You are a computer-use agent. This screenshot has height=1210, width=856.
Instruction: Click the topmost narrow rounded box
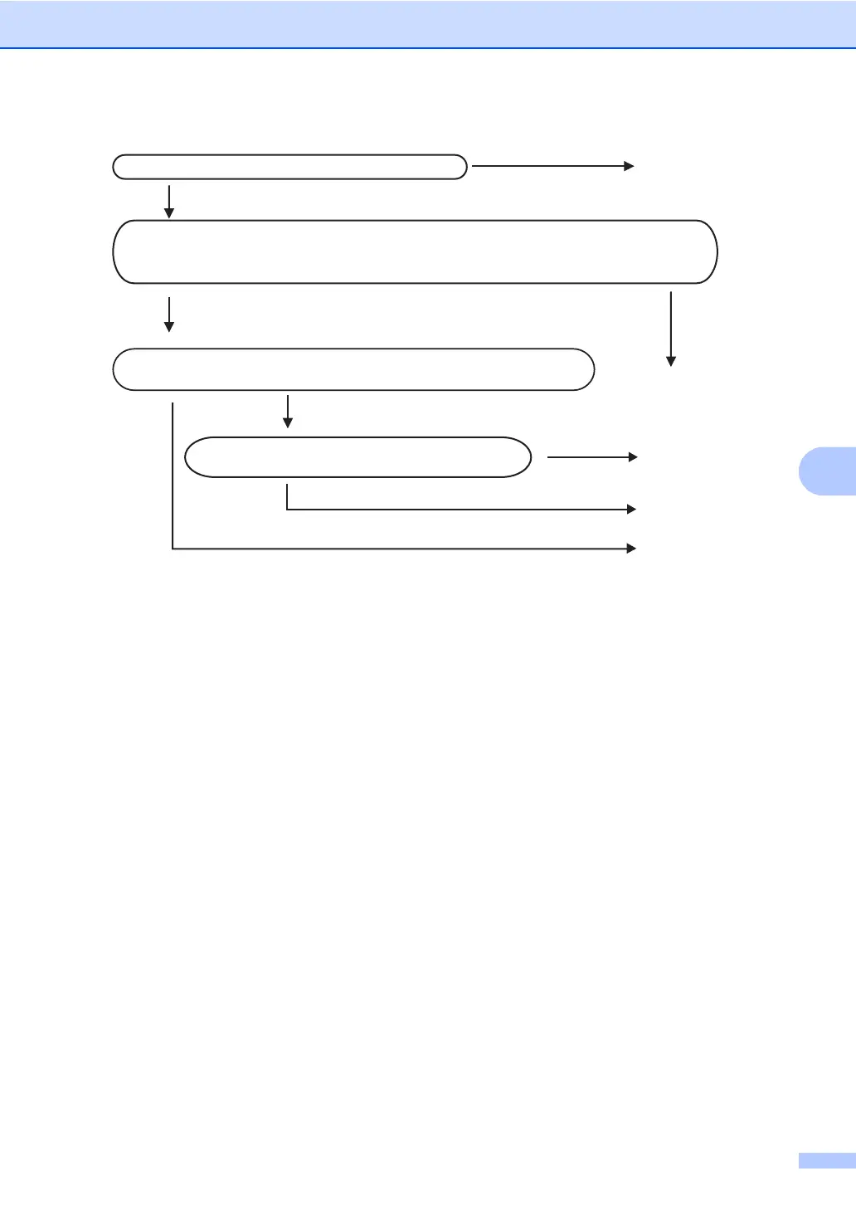tap(289, 167)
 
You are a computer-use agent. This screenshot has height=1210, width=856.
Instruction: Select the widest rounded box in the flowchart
tap(415, 251)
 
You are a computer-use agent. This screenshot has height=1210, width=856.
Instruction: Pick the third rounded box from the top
tap(353, 369)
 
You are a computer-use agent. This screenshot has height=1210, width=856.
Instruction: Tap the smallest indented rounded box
tap(357, 456)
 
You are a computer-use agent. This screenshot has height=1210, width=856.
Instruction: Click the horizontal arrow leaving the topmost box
tap(552, 166)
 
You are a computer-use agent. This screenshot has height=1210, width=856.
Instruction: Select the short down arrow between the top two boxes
tap(169, 201)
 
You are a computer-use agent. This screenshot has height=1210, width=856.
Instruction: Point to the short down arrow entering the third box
tap(169, 314)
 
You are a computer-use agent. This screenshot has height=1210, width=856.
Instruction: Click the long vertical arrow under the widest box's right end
tap(670, 328)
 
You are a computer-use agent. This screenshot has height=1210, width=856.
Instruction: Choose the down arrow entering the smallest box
tap(288, 412)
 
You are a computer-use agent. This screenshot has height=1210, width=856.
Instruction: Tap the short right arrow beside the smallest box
tap(591, 456)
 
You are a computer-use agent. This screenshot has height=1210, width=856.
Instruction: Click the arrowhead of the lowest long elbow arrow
tap(631, 549)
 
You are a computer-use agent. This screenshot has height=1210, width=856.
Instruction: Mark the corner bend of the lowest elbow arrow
tap(173, 549)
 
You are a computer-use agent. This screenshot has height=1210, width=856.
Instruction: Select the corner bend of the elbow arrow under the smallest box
tap(287, 509)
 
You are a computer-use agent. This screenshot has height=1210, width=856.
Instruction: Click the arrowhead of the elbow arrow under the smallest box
tap(631, 509)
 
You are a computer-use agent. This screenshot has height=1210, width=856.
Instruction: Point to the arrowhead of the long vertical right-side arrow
tap(670, 361)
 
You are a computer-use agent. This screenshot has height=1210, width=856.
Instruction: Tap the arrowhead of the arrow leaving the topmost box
tap(630, 166)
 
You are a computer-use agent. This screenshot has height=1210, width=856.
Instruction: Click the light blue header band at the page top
tap(428, 23)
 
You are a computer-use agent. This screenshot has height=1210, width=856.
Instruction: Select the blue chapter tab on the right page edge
tap(828, 472)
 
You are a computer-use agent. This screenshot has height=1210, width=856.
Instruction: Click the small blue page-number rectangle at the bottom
tap(827, 1160)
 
